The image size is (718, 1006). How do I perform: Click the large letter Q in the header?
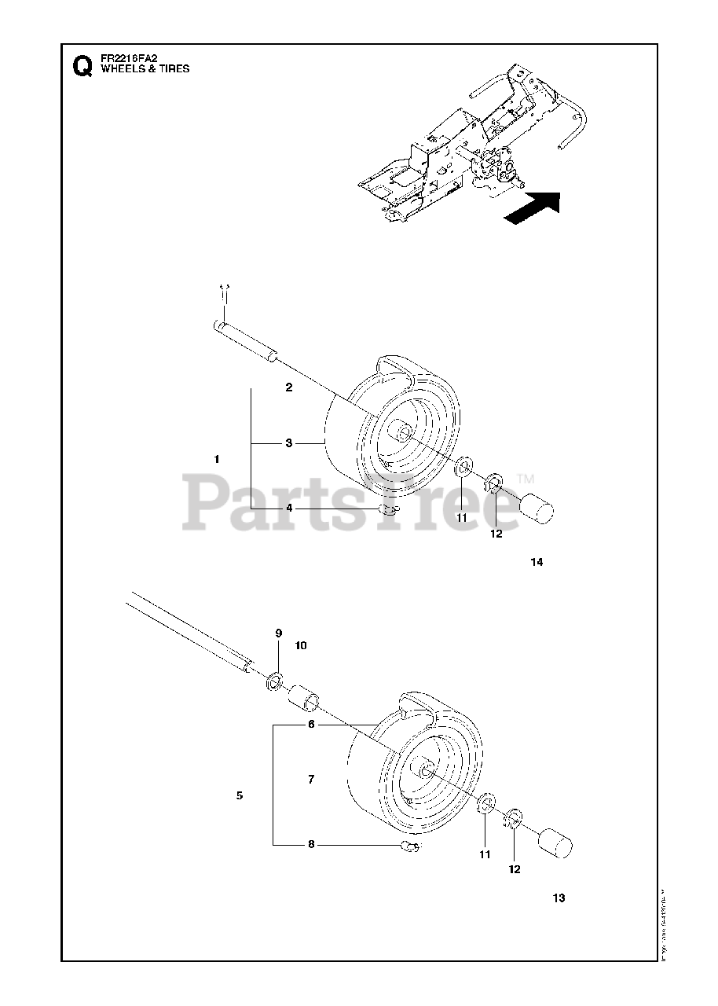(80, 66)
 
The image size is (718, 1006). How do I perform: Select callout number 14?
(537, 562)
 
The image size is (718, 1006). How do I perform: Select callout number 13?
(559, 898)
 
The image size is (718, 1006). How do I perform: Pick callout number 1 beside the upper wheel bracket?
(217, 458)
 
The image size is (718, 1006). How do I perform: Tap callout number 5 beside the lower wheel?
(239, 795)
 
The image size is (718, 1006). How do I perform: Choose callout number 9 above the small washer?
(278, 633)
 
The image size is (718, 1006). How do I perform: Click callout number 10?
(301, 645)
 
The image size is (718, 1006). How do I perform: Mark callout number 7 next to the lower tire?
(311, 780)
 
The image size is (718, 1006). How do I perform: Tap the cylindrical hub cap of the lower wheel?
(555, 847)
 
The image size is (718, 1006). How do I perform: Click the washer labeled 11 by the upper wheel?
(463, 469)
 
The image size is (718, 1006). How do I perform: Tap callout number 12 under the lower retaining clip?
(515, 869)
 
